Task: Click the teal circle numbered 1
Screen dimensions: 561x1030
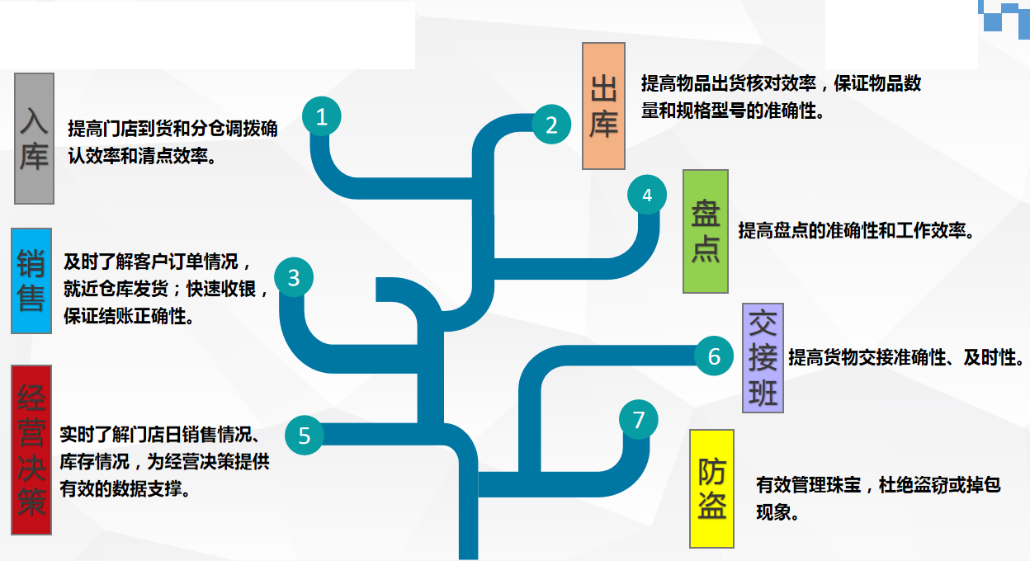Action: point(322,117)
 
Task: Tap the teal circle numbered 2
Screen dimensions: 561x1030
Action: point(551,125)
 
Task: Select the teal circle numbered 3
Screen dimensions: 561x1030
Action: point(294,278)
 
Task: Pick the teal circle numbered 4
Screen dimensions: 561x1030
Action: point(647,195)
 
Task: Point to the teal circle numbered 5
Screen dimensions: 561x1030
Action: point(305,435)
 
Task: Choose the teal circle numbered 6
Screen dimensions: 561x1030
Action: point(715,356)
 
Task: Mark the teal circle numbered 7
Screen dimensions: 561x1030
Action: point(639,420)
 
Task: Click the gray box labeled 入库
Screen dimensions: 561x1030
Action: point(34,138)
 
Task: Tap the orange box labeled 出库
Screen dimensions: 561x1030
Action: point(603,106)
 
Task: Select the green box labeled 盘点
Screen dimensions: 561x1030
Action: point(706,231)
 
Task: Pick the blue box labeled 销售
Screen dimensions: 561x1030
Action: point(31,280)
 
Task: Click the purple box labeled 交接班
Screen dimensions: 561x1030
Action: point(763,357)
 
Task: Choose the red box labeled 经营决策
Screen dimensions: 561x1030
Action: point(32,450)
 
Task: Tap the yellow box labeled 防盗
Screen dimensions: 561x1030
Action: point(711,488)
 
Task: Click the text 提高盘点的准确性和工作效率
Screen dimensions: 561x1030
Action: point(857,231)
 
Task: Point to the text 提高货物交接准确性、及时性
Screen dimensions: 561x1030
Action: point(906,358)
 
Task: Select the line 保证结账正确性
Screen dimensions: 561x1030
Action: point(130,316)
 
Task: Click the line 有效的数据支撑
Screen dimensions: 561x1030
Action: point(125,488)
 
